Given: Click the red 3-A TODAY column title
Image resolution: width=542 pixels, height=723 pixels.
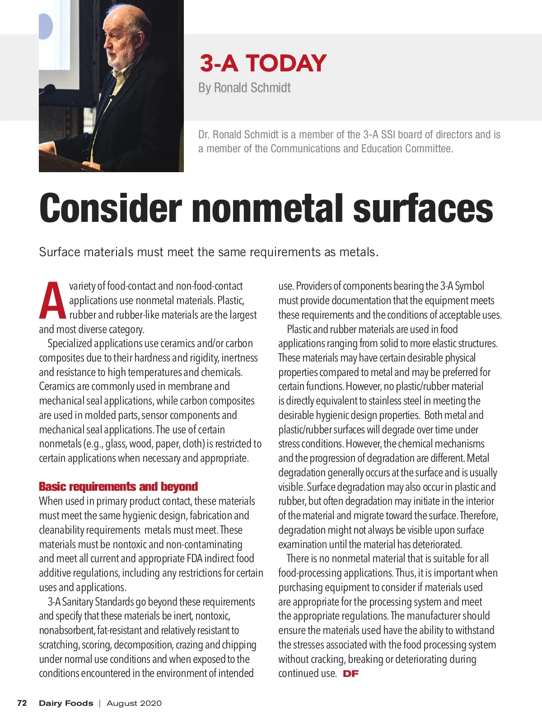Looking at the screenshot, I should [263, 63].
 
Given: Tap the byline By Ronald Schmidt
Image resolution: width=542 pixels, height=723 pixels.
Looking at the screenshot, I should [244, 88].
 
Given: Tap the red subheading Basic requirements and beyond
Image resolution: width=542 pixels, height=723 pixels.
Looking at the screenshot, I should [118, 487].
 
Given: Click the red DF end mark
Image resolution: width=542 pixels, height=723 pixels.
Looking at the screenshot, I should [351, 674].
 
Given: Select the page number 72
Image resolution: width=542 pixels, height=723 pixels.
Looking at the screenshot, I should [22, 703].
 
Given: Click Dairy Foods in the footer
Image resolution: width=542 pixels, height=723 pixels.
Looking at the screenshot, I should [66, 703].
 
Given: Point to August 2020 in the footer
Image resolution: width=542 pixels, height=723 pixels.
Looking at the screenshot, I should [134, 703].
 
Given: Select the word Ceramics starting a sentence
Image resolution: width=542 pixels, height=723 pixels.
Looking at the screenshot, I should [57, 386].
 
